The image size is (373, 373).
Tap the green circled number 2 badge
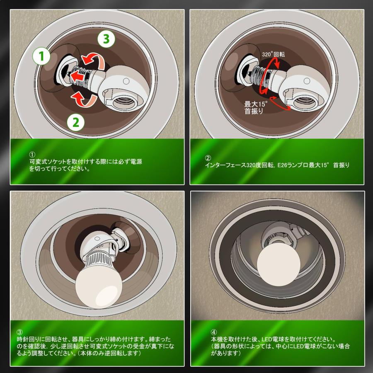pyautogui.click(x=75, y=122)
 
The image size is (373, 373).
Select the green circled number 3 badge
pyautogui.click(x=106, y=39)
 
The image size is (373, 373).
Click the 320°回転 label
pyautogui.click(x=273, y=54)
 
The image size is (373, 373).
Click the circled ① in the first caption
pyautogui.click(x=32, y=154)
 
